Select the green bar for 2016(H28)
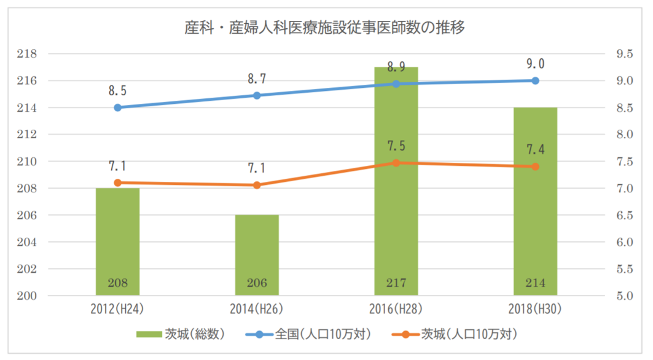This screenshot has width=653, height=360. pyautogui.click(x=396, y=184)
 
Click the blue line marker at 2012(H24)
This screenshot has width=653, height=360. pyautogui.click(x=118, y=108)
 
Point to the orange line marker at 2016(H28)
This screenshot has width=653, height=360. pyautogui.click(x=396, y=163)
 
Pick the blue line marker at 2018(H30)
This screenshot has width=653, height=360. pyautogui.click(x=535, y=80)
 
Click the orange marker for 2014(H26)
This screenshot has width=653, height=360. pyautogui.click(x=257, y=185)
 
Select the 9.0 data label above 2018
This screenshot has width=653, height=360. pyautogui.click(x=535, y=64)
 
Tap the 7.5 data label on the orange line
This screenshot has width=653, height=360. pyautogui.click(x=396, y=146)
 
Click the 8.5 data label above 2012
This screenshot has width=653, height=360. pyautogui.click(x=118, y=91)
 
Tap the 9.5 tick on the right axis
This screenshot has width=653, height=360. pyautogui.click(x=625, y=54)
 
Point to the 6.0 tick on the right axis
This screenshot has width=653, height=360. pyautogui.click(x=625, y=242)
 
